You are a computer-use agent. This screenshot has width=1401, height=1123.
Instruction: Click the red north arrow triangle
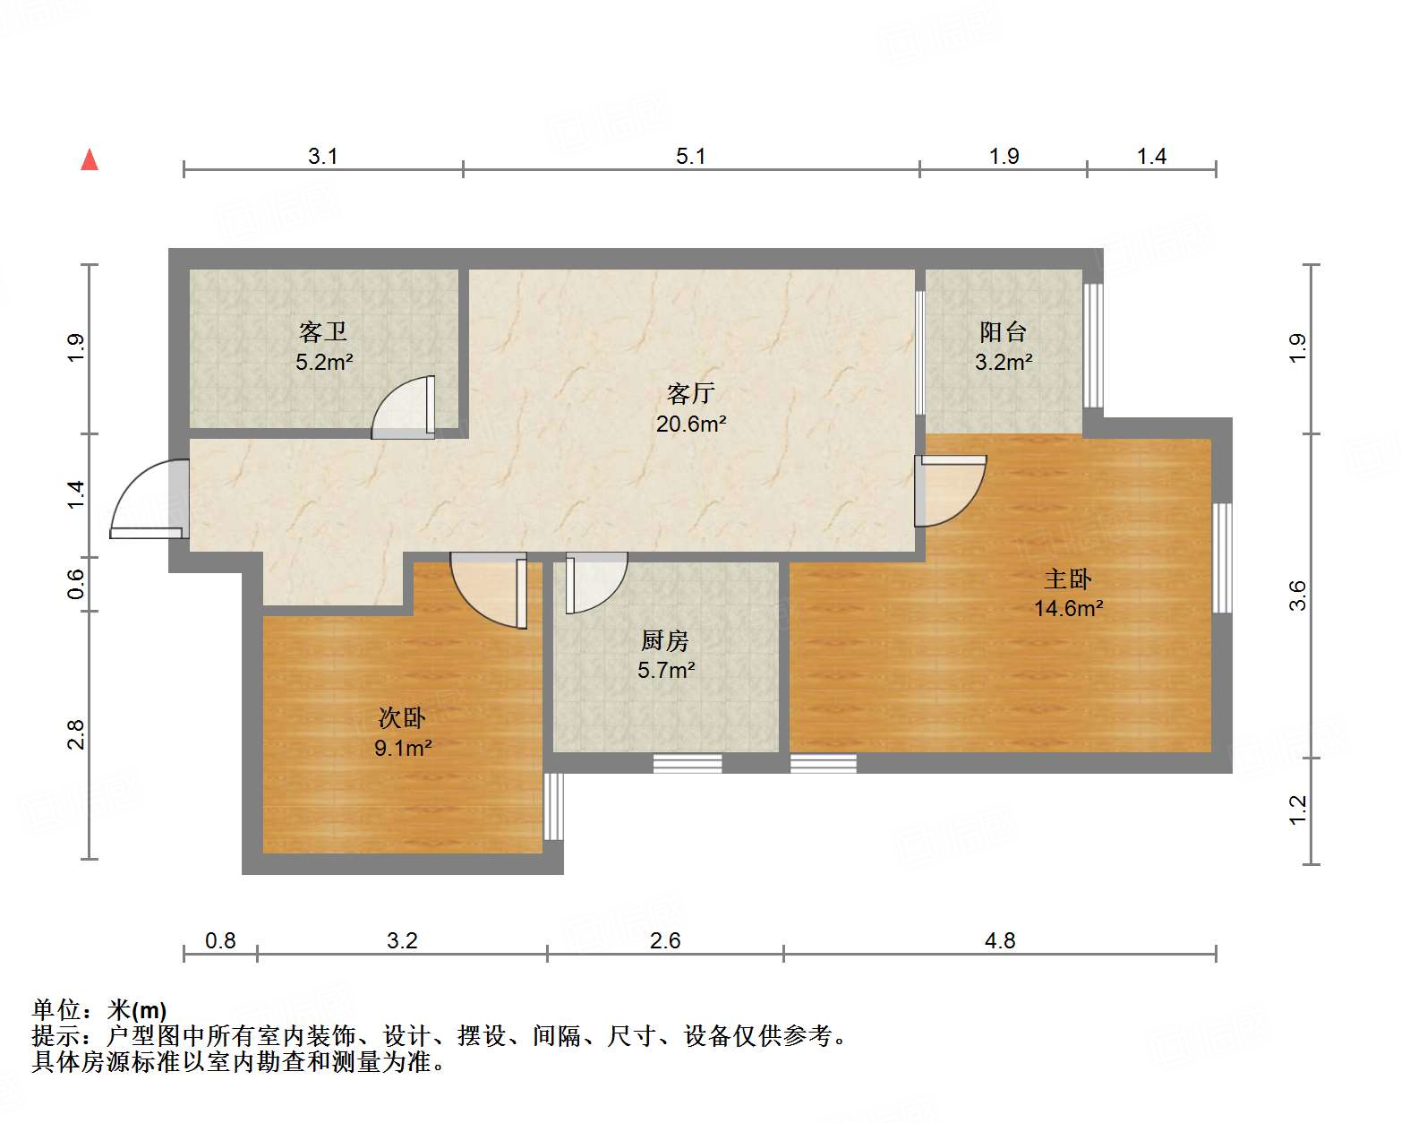tap(90, 160)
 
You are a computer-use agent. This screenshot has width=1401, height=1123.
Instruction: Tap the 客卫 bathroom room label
tap(323, 332)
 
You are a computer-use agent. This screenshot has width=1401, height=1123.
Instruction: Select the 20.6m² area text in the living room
tap(690, 424)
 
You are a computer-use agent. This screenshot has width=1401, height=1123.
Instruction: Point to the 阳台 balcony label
tap(1003, 332)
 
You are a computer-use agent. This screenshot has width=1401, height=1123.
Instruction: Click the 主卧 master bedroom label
tap(1068, 579)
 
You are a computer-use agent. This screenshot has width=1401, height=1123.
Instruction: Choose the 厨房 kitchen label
tap(665, 640)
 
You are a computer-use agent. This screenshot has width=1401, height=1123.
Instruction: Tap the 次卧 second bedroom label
tap(402, 717)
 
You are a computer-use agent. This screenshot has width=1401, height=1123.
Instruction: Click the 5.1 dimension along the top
tap(690, 156)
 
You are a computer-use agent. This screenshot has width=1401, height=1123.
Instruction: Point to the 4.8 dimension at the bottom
tap(1000, 940)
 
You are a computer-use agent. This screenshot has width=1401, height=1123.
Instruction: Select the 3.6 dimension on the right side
tap(1297, 596)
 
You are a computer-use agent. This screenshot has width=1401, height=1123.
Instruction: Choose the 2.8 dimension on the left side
tap(76, 734)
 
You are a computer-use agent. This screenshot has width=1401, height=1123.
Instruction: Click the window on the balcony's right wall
tap(1093, 346)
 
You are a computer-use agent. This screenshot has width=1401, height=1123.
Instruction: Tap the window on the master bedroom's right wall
tap(1222, 558)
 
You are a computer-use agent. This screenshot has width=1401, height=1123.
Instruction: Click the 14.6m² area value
tap(1068, 609)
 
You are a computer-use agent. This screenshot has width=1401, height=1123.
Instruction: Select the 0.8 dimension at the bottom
tap(220, 940)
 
